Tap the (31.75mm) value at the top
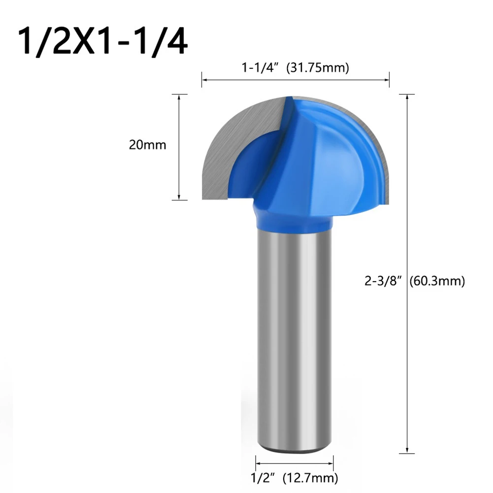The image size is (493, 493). (317, 68)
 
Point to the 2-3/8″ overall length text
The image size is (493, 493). (383, 281)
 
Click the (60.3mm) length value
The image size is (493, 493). (437, 281)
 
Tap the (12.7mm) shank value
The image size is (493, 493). (310, 477)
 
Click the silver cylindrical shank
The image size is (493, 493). (295, 340)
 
